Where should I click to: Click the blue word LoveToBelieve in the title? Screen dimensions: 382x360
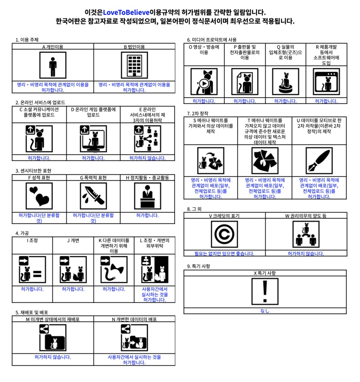tap(126, 12)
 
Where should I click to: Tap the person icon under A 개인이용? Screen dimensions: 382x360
tap(53, 65)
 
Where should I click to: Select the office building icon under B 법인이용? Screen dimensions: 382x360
tap(134, 65)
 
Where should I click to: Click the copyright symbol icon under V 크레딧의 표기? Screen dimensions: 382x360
tap(224, 234)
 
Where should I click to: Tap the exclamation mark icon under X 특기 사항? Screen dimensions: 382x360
tap(265, 291)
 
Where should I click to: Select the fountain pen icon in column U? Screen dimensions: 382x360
tap(319, 161)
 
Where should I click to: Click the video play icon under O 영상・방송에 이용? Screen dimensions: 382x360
tap(204, 81)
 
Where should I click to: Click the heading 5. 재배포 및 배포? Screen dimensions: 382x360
tap(32, 312)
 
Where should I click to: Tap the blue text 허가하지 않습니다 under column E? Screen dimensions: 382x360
tap(147, 158)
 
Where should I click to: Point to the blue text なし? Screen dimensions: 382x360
tap(265, 311)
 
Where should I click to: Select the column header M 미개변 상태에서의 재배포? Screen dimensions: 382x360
tap(53, 319)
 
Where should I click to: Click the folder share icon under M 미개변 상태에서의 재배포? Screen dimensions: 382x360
tap(53, 338)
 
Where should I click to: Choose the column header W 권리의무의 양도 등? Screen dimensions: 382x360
tap(306, 216)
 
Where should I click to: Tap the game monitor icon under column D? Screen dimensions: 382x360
tap(93, 139)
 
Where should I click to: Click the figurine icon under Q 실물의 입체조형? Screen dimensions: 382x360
tap(285, 81)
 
